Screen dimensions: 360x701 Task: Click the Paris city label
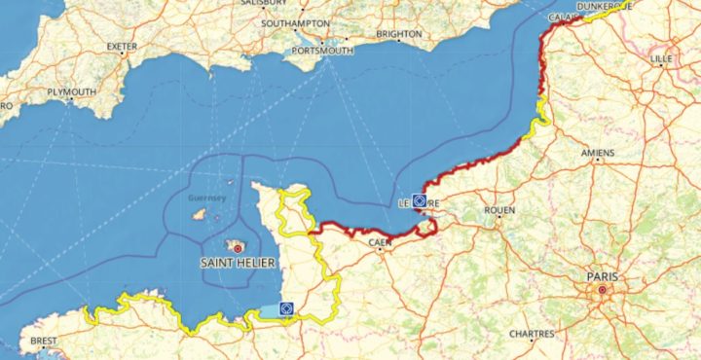(603, 277)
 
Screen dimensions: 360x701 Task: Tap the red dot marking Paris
(603, 290)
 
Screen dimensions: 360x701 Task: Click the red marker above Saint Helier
(237, 249)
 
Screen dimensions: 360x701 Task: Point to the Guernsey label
(205, 198)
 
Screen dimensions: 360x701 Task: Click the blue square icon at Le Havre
(420, 201)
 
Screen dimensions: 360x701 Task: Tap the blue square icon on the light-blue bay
(287, 308)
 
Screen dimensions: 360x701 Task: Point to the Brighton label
(399, 34)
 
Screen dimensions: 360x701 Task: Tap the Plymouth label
(72, 92)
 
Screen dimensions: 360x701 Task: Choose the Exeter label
(123, 45)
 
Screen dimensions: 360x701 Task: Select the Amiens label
(597, 153)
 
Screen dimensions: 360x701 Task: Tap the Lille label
(661, 59)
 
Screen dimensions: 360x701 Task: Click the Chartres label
(531, 334)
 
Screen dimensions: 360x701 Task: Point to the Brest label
(45, 342)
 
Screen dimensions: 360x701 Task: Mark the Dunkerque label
(605, 5)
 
